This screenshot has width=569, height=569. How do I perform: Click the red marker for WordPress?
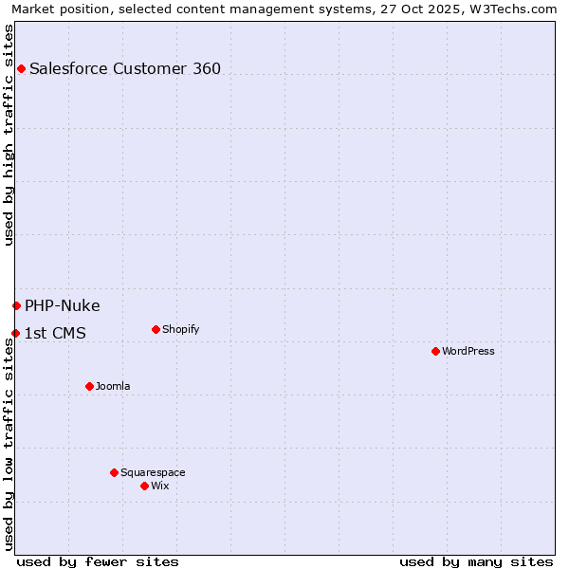coord(435,351)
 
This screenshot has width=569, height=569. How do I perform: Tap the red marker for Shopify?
coord(156,329)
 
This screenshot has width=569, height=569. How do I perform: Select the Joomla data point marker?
coord(89,386)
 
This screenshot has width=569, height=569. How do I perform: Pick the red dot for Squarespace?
coord(114,472)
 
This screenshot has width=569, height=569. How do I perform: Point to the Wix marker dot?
coord(144,486)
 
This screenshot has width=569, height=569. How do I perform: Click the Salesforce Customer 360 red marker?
coord(21,68)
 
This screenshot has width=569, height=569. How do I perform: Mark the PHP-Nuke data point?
coord(16,305)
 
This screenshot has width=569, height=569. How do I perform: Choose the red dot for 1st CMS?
coord(15,333)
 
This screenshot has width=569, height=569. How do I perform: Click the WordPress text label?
coord(468,351)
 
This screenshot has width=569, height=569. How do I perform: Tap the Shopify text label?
coord(180,329)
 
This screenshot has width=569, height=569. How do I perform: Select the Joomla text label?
coord(113,386)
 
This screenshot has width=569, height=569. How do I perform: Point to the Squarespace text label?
coord(153,472)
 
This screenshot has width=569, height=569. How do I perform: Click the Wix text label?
coord(160,486)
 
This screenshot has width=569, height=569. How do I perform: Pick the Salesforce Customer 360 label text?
coord(125,68)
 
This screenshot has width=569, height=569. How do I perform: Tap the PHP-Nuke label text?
coord(63,305)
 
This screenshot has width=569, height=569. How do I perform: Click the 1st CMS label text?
coord(55,333)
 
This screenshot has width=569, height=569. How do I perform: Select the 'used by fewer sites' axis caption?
coord(98,561)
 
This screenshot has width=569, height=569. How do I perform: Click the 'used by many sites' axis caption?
coord(476,561)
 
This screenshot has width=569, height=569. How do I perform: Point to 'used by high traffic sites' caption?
coord(9,135)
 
